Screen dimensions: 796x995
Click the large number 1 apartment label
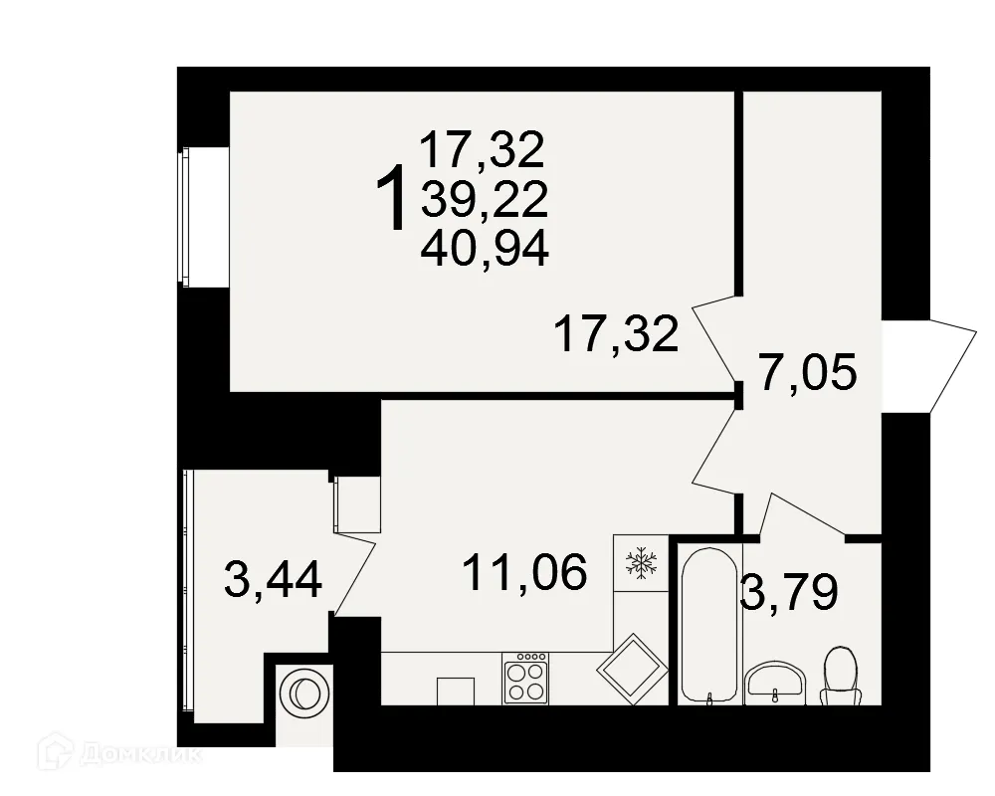[394, 198]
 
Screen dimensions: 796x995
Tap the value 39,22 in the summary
[485, 201]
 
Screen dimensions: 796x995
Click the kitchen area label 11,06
[524, 572]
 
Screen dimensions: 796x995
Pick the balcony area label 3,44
[274, 580]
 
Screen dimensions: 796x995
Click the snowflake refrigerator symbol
[640, 564]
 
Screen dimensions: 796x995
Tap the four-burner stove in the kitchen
[525, 680]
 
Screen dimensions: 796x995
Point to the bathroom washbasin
[775, 683]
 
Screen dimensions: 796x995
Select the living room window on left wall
[185, 216]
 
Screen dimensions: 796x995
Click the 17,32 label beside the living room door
[617, 334]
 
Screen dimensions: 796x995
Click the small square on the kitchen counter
[455, 691]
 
